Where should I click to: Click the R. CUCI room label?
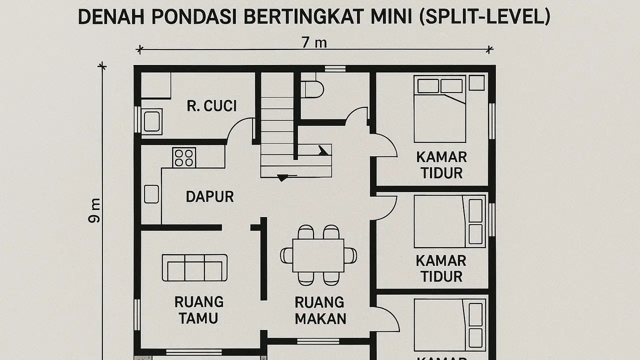click(x=211, y=106)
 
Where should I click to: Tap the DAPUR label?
click(x=209, y=196)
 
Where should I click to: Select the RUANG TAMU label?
click(x=198, y=309)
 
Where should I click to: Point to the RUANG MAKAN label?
click(x=320, y=310)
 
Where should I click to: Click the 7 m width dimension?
click(x=314, y=42)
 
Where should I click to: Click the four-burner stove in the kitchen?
click(x=183, y=157)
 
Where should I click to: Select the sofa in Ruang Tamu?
click(x=194, y=268)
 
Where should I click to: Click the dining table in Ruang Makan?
click(x=318, y=255)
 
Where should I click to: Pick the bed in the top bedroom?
click(x=439, y=109)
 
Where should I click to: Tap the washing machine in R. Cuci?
click(x=151, y=121)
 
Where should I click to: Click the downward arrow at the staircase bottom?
click(x=282, y=177)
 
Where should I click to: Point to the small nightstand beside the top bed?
click(x=476, y=83)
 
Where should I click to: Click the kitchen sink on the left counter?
click(x=151, y=194)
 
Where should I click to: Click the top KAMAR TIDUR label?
click(x=441, y=165)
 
